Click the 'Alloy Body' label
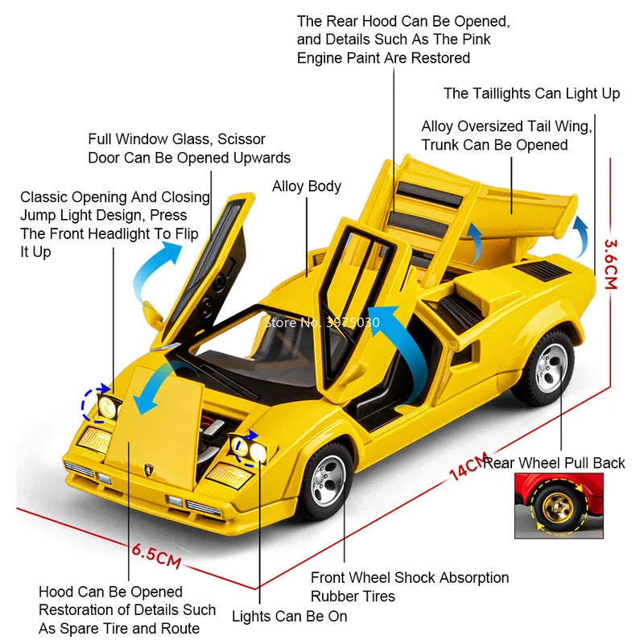click(x=307, y=187)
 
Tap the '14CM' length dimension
click(x=469, y=466)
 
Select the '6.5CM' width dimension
click(x=156, y=556)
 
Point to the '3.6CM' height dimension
click(x=610, y=265)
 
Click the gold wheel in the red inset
click(x=559, y=507)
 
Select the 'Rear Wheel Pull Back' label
click(x=554, y=464)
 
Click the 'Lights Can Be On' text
click(x=290, y=616)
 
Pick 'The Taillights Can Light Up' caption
click(x=531, y=93)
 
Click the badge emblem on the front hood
click(x=148, y=469)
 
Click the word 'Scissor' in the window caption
click(x=242, y=139)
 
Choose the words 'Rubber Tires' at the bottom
click(x=353, y=596)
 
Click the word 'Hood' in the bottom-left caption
click(x=56, y=592)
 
